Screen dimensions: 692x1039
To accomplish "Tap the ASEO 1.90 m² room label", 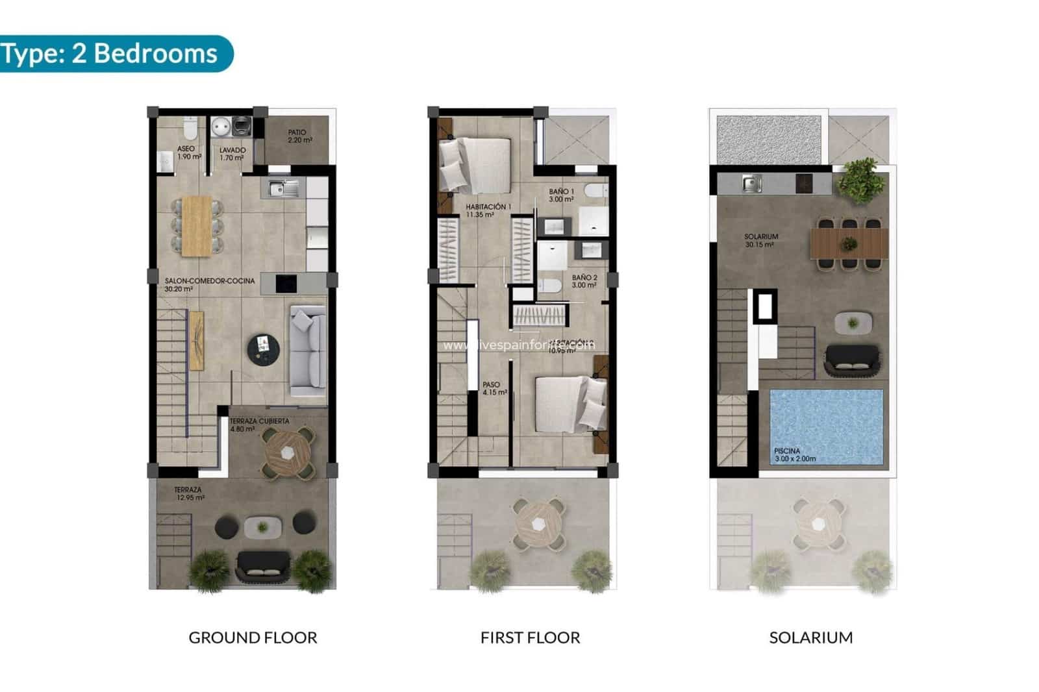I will (186, 153).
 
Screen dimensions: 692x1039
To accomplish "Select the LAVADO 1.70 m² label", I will (232, 154).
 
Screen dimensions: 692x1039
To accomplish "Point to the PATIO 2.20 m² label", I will (298, 136).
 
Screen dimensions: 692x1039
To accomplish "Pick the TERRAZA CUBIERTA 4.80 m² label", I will (258, 425).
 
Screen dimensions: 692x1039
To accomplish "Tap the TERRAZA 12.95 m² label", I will (189, 494).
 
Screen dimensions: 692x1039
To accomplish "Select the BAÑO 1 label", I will (561, 195).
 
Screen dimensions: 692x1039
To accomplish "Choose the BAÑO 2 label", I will (584, 281).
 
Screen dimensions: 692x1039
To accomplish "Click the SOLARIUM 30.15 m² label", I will (760, 241).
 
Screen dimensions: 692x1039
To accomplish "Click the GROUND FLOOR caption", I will (253, 638).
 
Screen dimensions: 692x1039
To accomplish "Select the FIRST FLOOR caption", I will (530, 638).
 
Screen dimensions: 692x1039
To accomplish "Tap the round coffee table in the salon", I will (263, 349).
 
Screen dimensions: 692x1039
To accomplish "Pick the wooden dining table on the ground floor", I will (197, 226).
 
